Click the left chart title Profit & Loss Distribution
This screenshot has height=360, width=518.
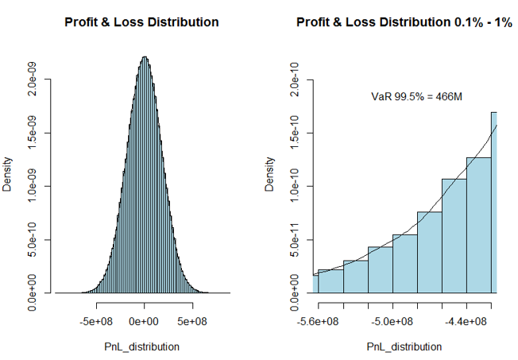[141, 22]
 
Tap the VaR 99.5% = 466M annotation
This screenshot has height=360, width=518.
[417, 97]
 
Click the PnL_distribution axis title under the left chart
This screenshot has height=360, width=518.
[142, 346]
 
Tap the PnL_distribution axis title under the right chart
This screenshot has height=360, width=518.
[404, 346]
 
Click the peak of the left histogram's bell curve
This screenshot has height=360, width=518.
[145, 57]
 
